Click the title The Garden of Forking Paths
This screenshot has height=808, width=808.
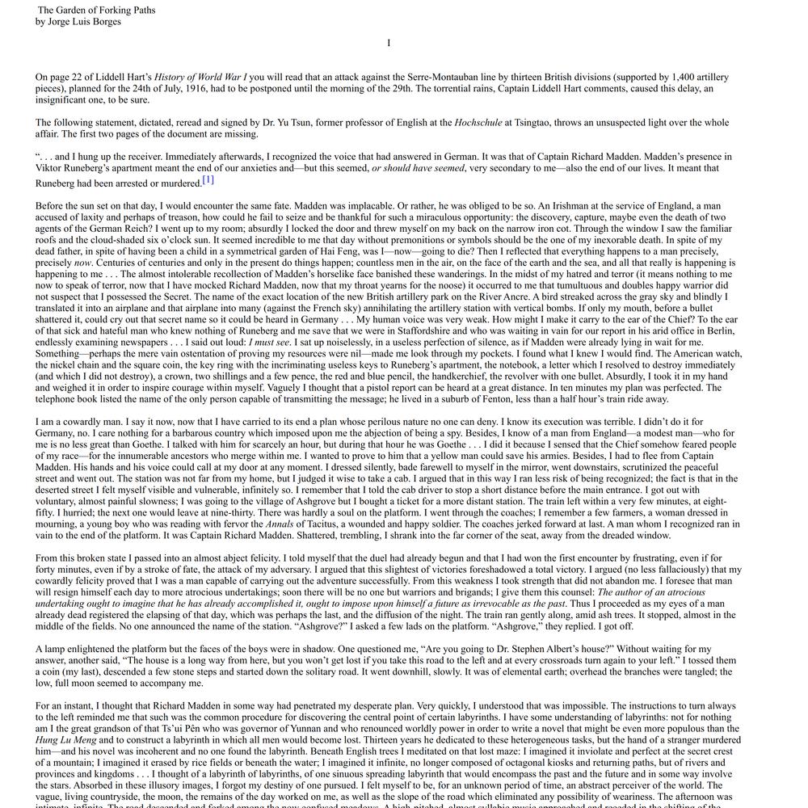(96, 11)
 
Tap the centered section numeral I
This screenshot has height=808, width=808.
(389, 44)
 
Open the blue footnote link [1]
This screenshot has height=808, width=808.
(208, 180)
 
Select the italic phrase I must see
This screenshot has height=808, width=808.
(270, 342)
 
